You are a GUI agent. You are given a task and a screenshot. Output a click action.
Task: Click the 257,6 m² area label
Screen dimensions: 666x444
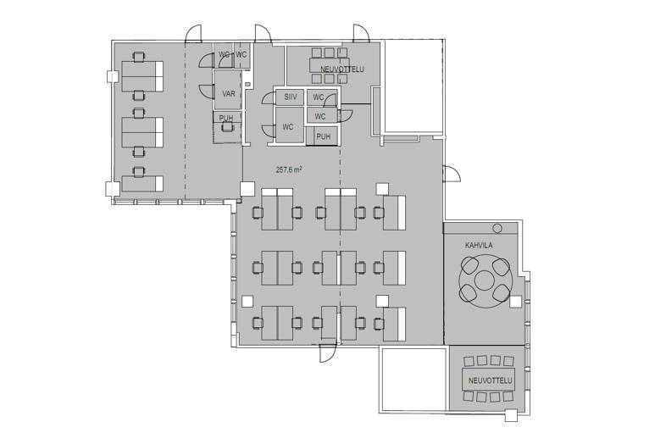click(x=289, y=169)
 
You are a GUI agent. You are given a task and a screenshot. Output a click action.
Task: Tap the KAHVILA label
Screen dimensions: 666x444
click(x=479, y=246)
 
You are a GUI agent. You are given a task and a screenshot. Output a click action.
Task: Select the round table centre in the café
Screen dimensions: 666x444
click(x=484, y=280)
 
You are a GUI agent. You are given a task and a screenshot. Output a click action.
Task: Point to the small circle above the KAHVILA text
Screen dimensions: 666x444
click(x=497, y=229)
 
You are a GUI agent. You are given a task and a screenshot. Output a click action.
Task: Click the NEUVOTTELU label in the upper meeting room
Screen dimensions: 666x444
click(x=342, y=69)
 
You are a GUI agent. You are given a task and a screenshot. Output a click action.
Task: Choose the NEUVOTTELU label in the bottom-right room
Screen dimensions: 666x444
click(x=491, y=380)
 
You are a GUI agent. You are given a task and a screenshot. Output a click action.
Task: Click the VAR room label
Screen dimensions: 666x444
click(x=229, y=93)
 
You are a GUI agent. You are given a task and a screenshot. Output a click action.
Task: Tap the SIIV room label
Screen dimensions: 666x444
click(x=291, y=97)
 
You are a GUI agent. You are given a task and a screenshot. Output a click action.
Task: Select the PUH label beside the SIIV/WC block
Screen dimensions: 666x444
click(x=324, y=136)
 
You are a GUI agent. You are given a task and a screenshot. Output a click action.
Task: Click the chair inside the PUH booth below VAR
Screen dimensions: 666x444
click(x=228, y=126)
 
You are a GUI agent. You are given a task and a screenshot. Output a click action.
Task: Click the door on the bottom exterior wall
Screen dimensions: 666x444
click(x=328, y=353)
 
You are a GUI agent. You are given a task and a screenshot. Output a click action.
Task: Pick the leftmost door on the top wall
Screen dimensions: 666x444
click(x=194, y=33)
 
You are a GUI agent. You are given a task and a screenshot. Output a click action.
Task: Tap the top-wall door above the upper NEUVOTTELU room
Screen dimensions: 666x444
click(x=361, y=33)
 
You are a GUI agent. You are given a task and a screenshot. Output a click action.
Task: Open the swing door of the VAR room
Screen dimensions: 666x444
click(x=207, y=91)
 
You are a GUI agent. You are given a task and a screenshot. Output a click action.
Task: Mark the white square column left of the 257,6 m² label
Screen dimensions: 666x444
click(x=247, y=189)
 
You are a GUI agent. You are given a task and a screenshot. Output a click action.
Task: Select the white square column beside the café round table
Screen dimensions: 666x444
click(x=515, y=302)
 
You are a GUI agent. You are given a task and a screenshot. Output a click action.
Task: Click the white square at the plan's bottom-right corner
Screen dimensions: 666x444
click(x=512, y=415)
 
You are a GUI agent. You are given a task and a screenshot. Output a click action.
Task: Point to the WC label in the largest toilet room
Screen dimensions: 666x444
click(x=288, y=126)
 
